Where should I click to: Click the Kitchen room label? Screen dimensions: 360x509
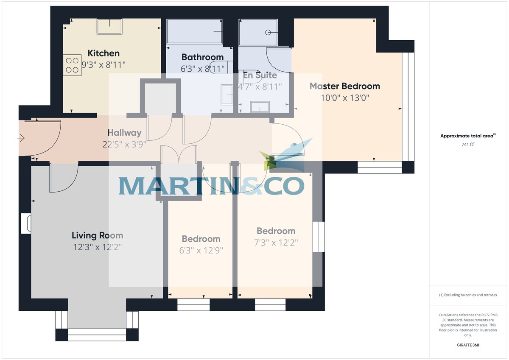click(x=103, y=53)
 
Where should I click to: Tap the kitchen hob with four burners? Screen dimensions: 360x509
click(x=72, y=65)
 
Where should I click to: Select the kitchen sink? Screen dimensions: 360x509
click(x=109, y=27)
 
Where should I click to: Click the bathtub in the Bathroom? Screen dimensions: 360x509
click(x=194, y=31)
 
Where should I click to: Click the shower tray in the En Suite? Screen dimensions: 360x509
click(x=258, y=32)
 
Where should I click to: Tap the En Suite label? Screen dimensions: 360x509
click(x=260, y=75)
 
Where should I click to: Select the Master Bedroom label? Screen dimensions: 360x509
click(x=344, y=86)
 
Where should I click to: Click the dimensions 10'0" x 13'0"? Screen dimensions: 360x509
click(x=345, y=98)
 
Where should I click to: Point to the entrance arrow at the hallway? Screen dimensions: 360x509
click(x=21, y=138)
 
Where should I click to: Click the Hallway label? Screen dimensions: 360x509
click(x=124, y=133)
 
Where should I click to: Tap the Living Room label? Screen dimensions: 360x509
click(x=97, y=235)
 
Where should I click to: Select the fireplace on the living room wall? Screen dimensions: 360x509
click(x=26, y=223)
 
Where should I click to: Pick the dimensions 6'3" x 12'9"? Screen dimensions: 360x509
click(x=201, y=250)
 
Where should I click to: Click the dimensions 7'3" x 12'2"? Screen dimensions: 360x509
click(x=276, y=243)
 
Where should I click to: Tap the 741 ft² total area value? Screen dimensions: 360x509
click(x=467, y=145)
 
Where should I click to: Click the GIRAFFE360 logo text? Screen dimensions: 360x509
click(x=467, y=345)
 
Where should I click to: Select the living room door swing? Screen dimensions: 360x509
click(x=64, y=178)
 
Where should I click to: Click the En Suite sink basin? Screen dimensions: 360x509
click(x=260, y=106)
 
